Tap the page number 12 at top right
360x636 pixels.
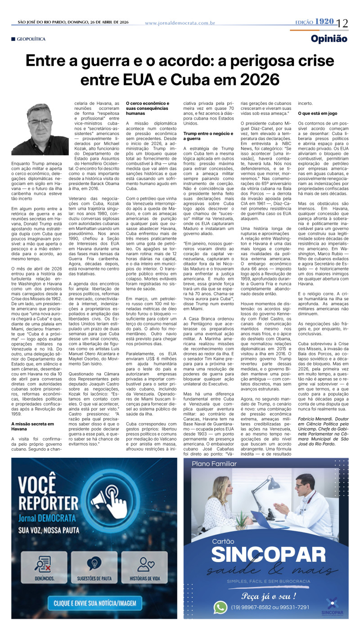point(342,23)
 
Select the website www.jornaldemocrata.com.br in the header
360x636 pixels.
point(180,23)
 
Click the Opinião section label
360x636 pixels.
point(329,39)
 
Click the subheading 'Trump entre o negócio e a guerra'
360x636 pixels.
point(208,136)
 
